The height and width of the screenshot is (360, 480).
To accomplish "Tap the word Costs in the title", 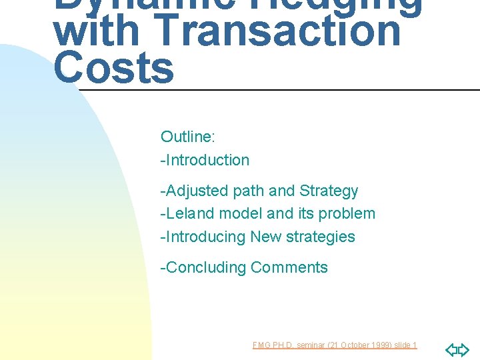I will click(x=113, y=68).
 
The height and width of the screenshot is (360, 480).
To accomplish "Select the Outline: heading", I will click(x=187, y=137).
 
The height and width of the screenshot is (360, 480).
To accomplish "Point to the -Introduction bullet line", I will click(x=205, y=160).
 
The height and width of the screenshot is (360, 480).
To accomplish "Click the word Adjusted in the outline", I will click(x=197, y=191).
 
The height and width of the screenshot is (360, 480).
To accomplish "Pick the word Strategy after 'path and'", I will click(x=329, y=191).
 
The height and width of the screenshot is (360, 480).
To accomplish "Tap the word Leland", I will click(x=193, y=213).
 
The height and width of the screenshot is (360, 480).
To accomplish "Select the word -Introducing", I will click(x=203, y=237).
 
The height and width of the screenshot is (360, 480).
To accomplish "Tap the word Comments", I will click(x=289, y=267).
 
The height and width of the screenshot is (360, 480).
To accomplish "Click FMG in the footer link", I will click(x=261, y=345).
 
